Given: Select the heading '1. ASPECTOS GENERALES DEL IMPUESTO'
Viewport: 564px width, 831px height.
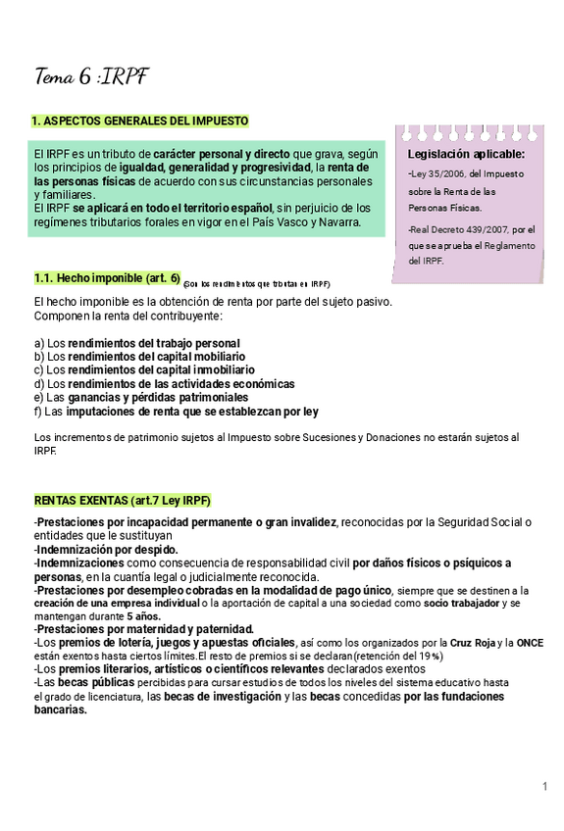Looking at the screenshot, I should [140, 121].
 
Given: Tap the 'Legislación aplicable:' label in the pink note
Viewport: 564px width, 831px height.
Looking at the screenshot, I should [466, 154].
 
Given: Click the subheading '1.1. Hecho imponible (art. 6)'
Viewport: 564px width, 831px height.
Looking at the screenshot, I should [106, 278].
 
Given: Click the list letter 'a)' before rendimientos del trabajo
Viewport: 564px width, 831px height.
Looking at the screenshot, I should [39, 344].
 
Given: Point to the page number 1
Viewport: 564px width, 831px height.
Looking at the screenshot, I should [544, 787].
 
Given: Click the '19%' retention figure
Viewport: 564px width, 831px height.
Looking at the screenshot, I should [431, 656].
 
